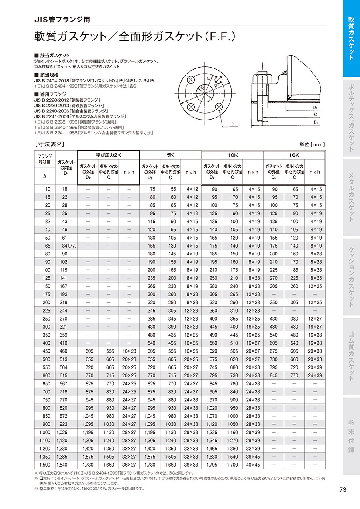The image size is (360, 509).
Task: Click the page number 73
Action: tap(342, 490)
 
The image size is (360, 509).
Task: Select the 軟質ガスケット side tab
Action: tap(351, 38)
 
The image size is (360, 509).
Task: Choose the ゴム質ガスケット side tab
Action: tap(351, 357)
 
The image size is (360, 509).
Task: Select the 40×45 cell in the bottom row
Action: tap(253, 465)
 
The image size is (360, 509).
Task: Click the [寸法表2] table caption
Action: tap(50, 144)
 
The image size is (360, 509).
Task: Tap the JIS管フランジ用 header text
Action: tap(62, 19)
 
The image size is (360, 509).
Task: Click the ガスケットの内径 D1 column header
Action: tap(67, 168)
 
